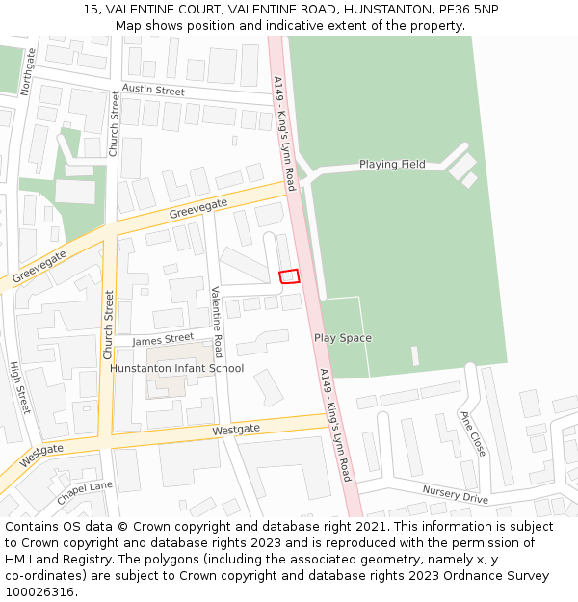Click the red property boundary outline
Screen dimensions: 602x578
tap(289, 276)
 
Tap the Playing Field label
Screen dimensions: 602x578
tap(392, 165)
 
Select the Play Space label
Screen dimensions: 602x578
tap(342, 338)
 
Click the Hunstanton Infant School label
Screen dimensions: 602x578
tap(176, 368)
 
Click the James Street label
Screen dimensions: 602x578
tap(163, 339)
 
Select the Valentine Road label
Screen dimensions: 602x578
tap(218, 321)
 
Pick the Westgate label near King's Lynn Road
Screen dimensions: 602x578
tap(236, 430)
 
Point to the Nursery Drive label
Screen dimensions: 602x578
tap(455, 494)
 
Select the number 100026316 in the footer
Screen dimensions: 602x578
tap(39, 591)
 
